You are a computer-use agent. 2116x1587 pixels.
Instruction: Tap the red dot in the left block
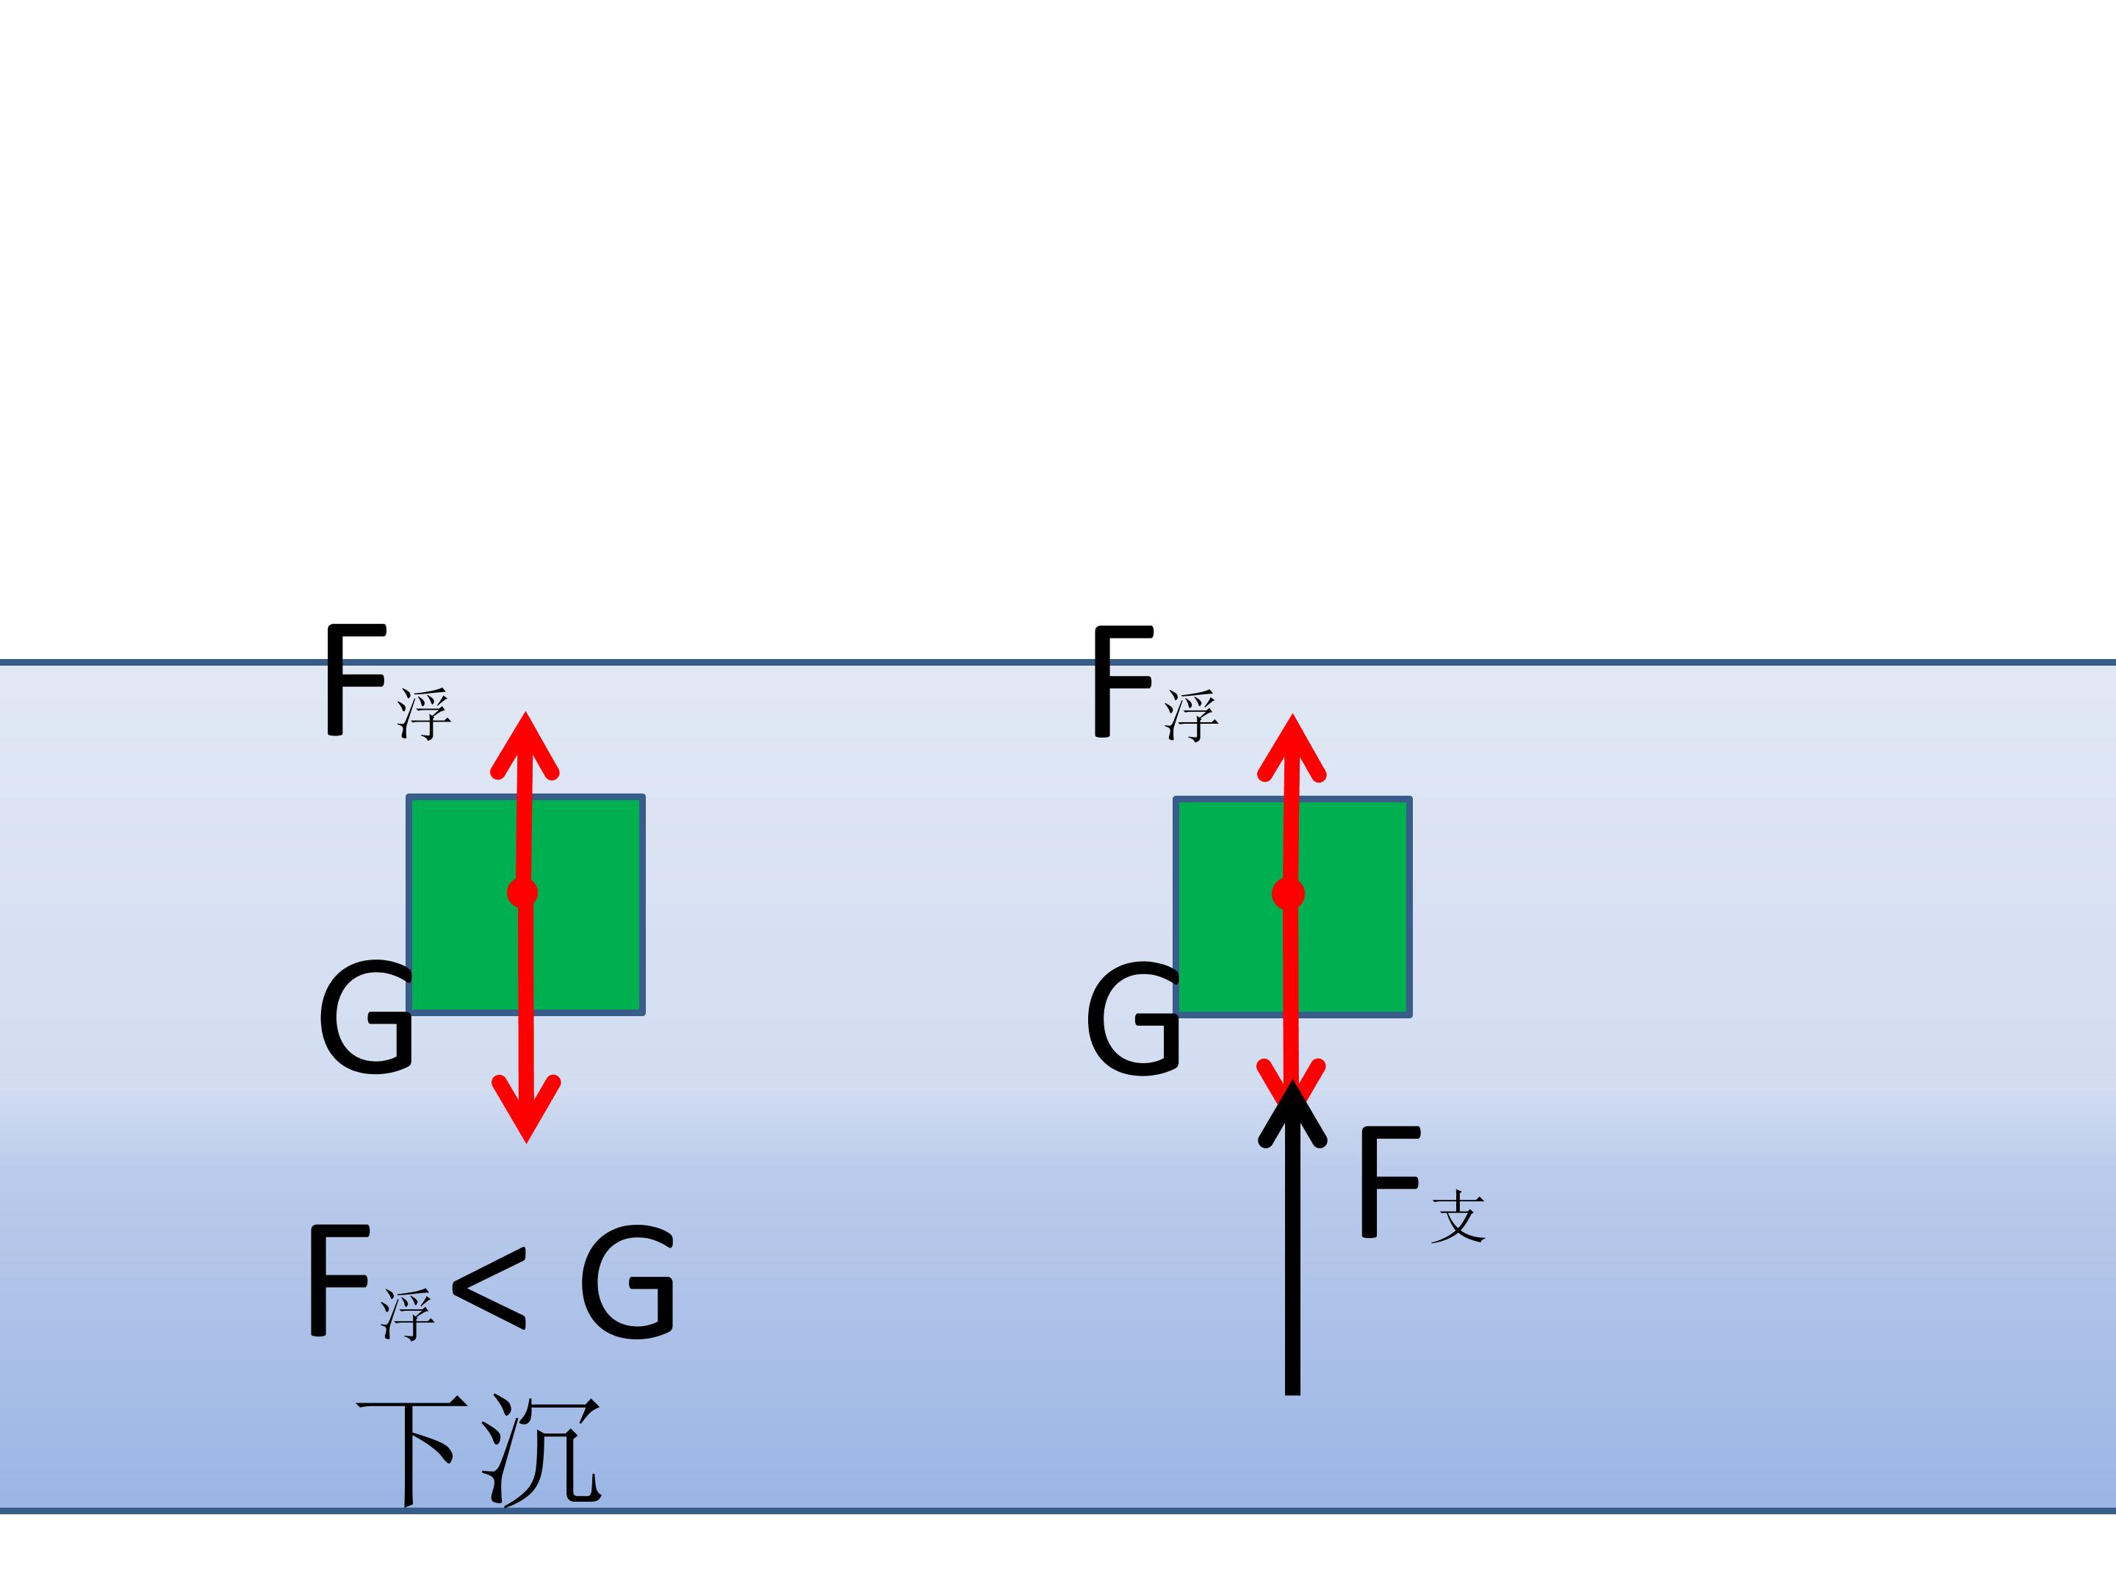point(522,893)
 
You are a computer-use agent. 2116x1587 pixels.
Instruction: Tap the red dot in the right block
point(1289,894)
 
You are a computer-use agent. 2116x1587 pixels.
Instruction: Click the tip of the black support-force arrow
point(1292,1080)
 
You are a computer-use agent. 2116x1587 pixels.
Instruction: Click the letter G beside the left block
point(365,1018)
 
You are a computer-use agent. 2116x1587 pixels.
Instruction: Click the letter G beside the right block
point(1133,1020)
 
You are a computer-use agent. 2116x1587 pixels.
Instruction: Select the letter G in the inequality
point(627,1283)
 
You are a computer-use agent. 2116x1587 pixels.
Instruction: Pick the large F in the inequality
point(339,1281)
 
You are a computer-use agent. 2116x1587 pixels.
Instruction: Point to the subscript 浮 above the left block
point(424,713)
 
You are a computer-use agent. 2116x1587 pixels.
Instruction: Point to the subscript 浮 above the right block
point(1191,716)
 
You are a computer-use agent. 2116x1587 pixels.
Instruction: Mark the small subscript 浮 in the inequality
point(408,1314)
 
